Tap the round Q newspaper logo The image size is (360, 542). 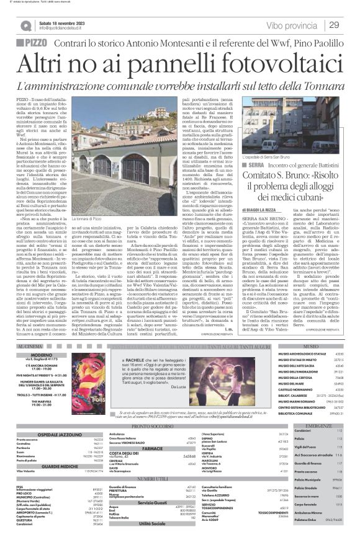click(x=25, y=25)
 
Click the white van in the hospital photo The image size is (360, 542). click(x=271, y=146)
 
